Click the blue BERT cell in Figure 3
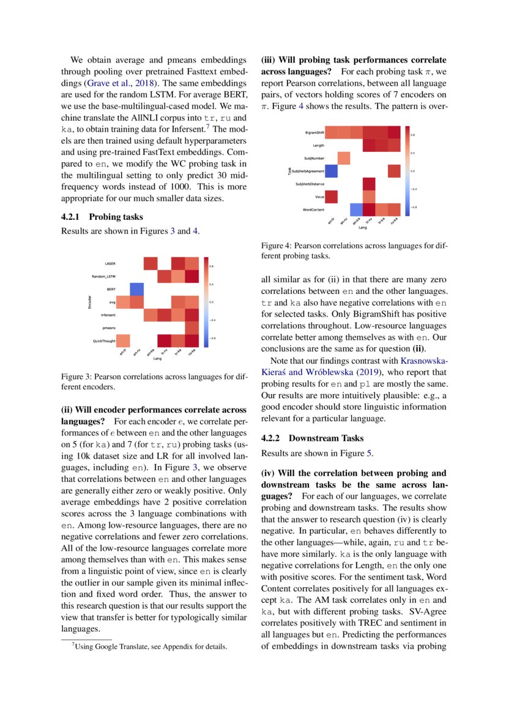pos(136,289)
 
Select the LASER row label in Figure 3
pos(110,263)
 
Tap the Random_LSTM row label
pos(105,276)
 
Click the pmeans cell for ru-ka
pos(192,328)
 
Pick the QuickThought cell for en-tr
pos(123,341)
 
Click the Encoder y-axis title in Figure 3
pos(90,302)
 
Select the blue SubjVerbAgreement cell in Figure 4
pos(331,171)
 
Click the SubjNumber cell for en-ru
pos(344,158)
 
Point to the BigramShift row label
pos(314,132)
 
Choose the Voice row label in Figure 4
pos(319,197)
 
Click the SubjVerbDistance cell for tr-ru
pos(369,184)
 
